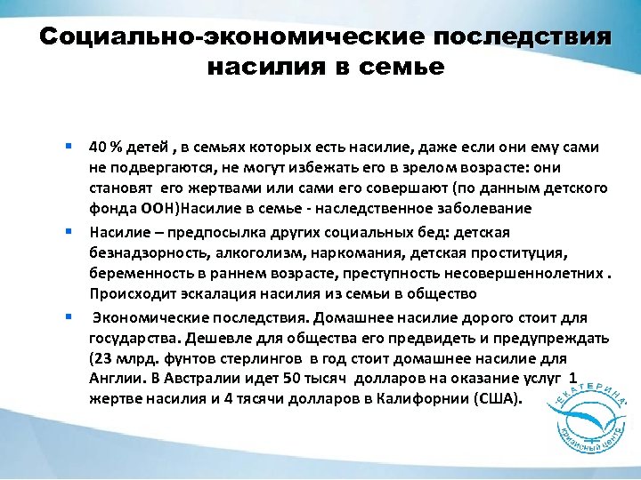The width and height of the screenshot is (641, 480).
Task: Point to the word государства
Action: [130, 338]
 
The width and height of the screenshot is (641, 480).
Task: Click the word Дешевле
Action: [213, 338]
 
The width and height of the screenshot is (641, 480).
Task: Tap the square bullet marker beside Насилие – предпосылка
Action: [68, 230]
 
